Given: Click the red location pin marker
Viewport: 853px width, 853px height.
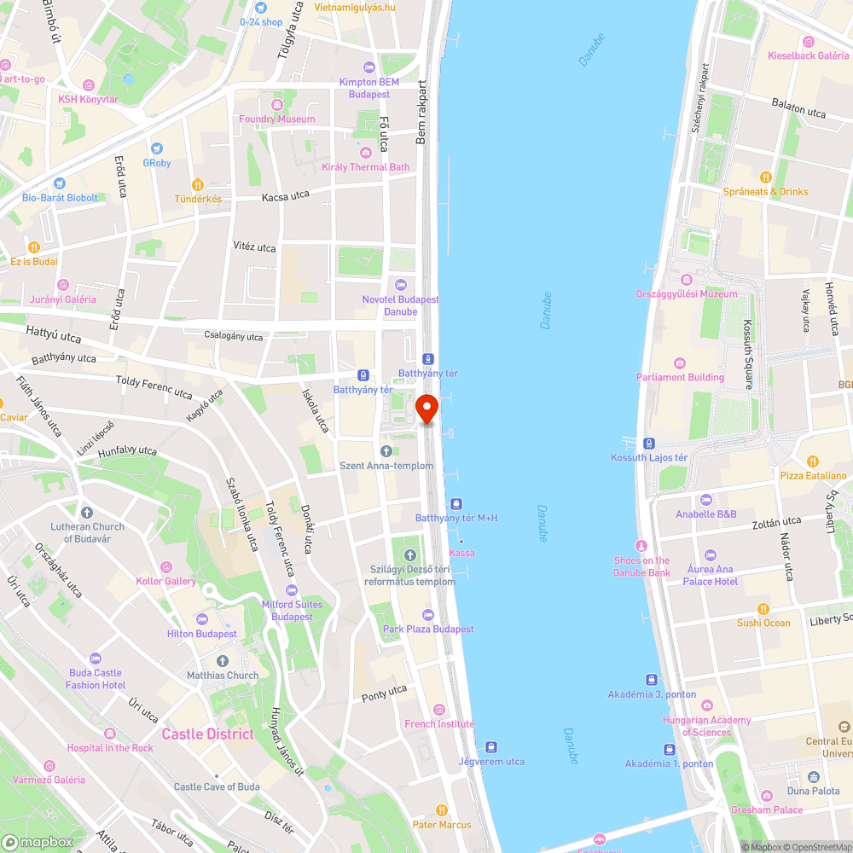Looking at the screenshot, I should [x=426, y=409].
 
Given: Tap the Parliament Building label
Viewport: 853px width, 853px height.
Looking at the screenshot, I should [x=680, y=377].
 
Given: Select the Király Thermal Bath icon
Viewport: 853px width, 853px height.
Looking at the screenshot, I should [x=366, y=153].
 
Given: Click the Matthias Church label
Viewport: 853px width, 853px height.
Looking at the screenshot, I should [x=223, y=676].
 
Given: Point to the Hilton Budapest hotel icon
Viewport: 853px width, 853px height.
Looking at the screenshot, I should [x=202, y=619].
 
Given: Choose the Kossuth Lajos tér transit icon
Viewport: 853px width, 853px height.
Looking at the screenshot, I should [x=649, y=444].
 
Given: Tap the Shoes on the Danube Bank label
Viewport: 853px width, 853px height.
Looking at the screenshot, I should [x=641, y=566].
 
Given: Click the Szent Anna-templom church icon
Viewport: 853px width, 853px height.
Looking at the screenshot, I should [x=386, y=450].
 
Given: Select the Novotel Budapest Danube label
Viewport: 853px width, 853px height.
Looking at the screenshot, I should [x=400, y=305].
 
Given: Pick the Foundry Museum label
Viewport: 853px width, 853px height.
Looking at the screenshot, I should [x=277, y=119].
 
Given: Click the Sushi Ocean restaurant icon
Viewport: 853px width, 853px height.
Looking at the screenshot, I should [x=763, y=609].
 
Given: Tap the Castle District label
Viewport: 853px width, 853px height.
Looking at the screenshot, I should [x=207, y=734].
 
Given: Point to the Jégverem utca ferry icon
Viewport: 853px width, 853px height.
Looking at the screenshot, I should [x=490, y=746].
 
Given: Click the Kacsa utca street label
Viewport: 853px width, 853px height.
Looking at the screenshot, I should [x=286, y=196].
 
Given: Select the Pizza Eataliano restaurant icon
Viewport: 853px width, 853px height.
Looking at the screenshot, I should [x=813, y=461].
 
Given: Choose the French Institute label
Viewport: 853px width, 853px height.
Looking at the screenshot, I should [x=439, y=724].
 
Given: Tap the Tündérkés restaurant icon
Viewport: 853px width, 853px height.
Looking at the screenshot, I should [x=198, y=184].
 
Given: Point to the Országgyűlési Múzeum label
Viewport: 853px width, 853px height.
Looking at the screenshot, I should [x=686, y=294].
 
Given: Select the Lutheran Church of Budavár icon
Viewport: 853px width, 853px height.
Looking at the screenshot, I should [x=85, y=513].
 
